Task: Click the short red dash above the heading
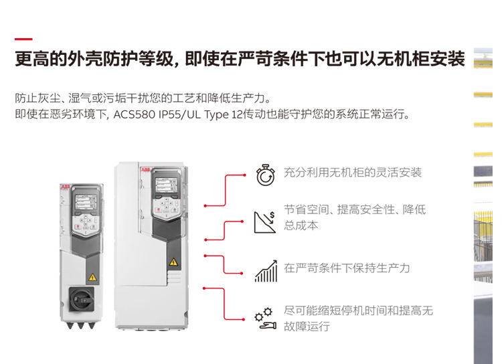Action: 23,39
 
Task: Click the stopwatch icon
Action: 266,175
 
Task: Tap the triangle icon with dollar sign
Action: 265,222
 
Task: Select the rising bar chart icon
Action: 266,271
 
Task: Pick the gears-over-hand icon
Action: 266,318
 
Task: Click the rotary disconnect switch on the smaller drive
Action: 82,299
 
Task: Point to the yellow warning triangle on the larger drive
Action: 173,262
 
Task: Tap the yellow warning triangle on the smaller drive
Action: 92,277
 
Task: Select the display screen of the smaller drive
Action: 86,201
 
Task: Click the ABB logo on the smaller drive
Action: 65,187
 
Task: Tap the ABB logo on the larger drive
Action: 145,170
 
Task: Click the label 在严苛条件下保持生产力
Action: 347,268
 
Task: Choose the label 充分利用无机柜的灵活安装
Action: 353,173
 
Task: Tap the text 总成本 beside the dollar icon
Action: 301,225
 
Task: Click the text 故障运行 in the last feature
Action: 307,327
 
